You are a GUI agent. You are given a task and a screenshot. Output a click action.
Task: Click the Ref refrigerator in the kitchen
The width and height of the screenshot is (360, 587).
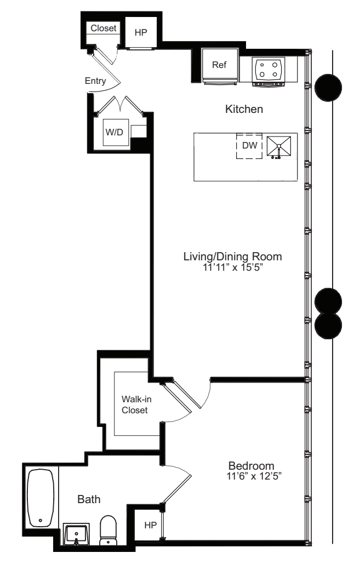point(219,65)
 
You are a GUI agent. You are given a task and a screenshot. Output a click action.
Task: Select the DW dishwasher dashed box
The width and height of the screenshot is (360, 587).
point(249,146)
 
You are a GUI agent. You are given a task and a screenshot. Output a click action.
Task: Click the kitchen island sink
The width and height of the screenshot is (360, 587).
point(279,146)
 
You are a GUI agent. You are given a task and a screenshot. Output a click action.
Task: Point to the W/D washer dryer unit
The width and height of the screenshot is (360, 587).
point(116,133)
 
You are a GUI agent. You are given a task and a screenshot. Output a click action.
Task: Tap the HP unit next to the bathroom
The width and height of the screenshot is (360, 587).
point(150,525)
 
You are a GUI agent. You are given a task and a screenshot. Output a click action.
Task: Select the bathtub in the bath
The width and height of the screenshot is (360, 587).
point(41,497)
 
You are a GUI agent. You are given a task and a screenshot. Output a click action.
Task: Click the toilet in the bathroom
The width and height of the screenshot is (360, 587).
point(108,531)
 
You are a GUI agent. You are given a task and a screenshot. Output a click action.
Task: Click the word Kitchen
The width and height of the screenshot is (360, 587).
point(244,110)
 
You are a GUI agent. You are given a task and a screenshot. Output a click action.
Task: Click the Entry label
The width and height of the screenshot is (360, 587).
point(95,81)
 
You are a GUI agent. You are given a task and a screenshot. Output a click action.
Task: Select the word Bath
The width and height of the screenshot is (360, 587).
point(88,499)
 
